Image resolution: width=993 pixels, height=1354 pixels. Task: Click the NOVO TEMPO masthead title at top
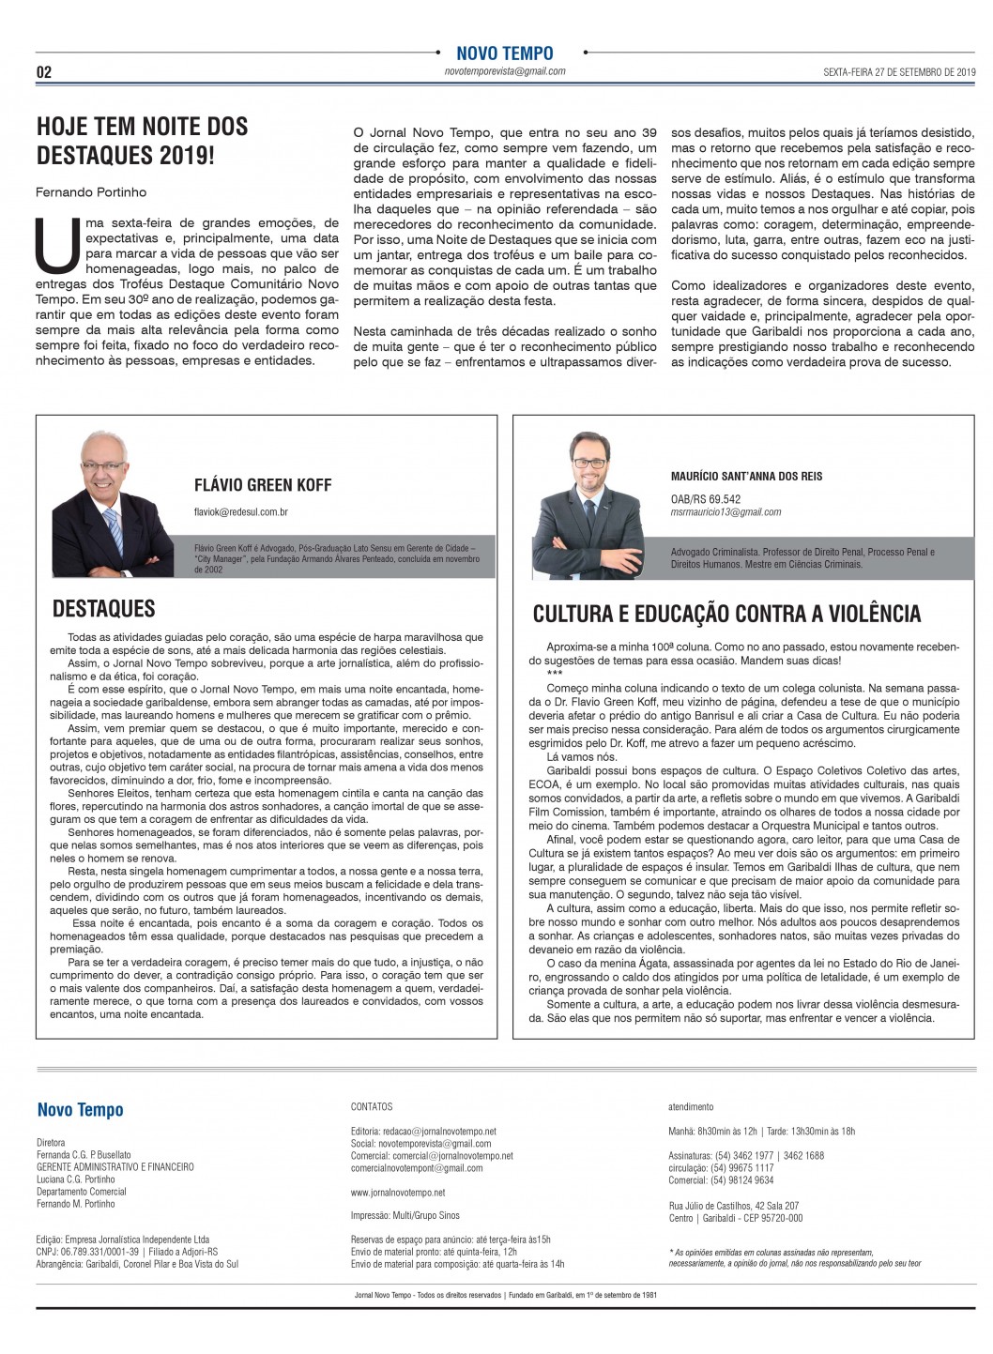coord(504,53)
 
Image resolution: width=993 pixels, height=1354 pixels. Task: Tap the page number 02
coord(44,72)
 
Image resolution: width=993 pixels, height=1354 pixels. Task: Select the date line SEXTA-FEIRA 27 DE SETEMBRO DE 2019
coord(899,71)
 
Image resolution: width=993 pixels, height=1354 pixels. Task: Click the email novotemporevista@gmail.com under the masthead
coord(504,71)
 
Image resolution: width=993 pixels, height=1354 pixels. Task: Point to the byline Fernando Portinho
coord(91,192)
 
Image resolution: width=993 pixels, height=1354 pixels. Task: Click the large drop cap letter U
coord(57,245)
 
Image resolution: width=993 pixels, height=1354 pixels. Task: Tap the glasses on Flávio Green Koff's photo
coord(102,466)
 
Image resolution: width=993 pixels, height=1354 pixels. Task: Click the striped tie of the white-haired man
coord(114,530)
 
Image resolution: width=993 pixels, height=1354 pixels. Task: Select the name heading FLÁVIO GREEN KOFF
coord(263,485)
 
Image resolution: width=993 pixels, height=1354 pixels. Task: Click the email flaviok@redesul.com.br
coord(240,512)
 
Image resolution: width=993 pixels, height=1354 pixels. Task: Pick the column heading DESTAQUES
coord(103,609)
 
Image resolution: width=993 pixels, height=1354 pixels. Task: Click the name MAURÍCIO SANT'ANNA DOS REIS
coord(746,477)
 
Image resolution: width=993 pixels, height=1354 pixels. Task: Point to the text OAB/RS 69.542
coord(705,499)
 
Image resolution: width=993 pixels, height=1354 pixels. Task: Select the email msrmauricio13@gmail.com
coord(726,512)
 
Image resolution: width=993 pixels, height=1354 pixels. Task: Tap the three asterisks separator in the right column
coord(554,674)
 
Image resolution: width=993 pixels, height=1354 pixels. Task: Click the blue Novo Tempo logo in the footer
coord(80,1110)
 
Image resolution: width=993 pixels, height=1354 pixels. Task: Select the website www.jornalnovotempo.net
coord(398,1193)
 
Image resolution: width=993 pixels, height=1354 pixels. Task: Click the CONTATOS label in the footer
coord(372,1107)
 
